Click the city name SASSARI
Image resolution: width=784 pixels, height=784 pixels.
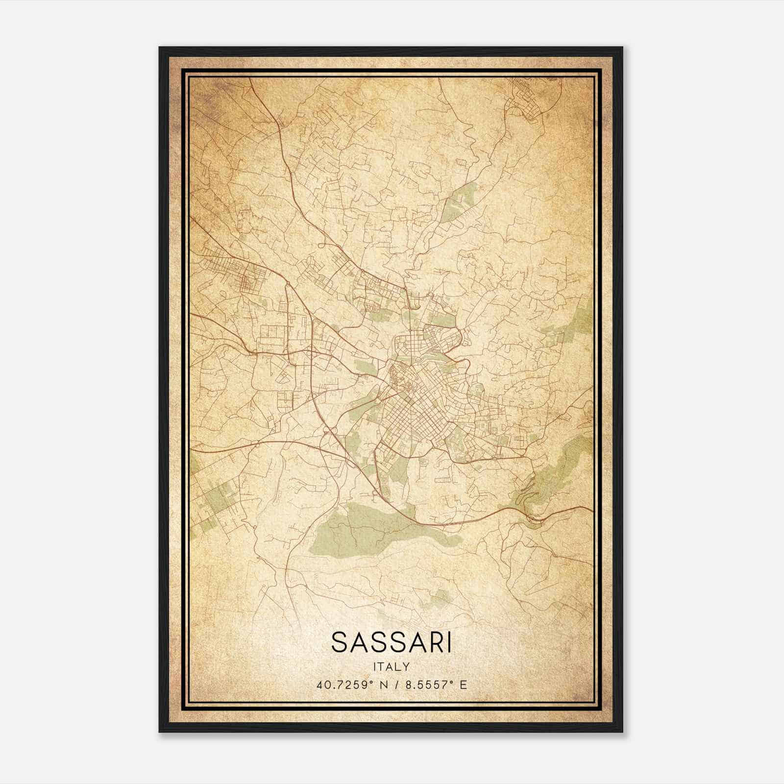pyautogui.click(x=391, y=642)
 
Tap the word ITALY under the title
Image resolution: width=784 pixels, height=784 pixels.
pyautogui.click(x=391, y=666)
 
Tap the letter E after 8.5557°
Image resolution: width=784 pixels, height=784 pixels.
pyautogui.click(x=463, y=685)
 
